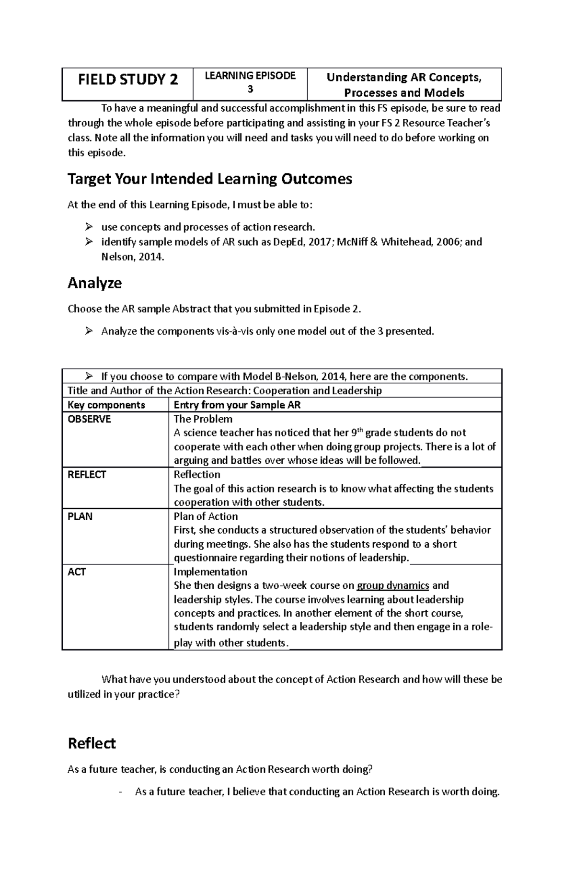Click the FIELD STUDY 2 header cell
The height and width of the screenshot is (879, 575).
(x=127, y=80)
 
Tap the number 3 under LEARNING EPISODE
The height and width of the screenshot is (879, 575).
(x=250, y=90)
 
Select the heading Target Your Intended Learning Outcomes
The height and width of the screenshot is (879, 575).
(x=210, y=179)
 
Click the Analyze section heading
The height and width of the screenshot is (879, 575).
(x=94, y=283)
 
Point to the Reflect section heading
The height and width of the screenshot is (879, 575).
(x=92, y=743)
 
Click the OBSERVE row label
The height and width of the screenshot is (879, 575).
(x=89, y=419)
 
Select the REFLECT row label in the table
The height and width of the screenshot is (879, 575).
(x=87, y=475)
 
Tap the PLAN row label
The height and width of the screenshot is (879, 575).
(x=80, y=516)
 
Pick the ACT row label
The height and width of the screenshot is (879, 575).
(x=77, y=572)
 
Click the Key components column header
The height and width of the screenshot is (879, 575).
(x=106, y=405)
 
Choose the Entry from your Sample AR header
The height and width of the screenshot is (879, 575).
(x=237, y=405)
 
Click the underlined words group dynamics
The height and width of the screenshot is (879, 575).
(x=393, y=585)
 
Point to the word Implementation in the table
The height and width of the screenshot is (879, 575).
(x=210, y=572)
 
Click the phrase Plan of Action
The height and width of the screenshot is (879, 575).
(x=206, y=516)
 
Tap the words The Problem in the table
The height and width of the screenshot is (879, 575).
(x=203, y=419)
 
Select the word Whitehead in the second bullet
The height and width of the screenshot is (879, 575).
(x=406, y=242)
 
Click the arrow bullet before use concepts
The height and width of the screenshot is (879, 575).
(x=89, y=227)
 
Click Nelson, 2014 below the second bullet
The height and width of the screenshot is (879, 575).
(x=132, y=257)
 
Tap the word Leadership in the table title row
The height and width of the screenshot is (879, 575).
(x=356, y=391)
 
